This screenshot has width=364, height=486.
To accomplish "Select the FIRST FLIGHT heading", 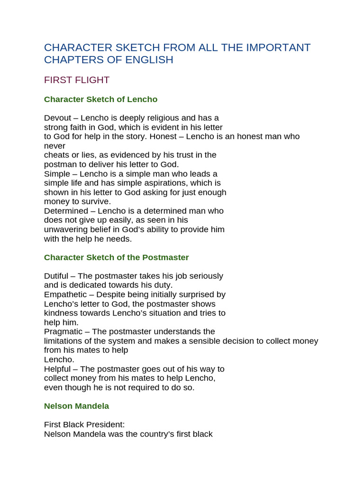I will (x=77, y=80).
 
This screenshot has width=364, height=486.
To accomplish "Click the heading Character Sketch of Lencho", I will (x=100, y=99).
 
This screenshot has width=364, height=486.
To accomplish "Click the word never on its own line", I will (x=55, y=146).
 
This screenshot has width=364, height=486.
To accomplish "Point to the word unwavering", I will (x=66, y=229).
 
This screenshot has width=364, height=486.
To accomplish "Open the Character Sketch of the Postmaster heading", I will (x=116, y=257).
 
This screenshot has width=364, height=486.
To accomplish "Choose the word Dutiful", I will (x=58, y=276).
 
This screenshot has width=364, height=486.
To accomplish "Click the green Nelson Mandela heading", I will (x=76, y=406).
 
